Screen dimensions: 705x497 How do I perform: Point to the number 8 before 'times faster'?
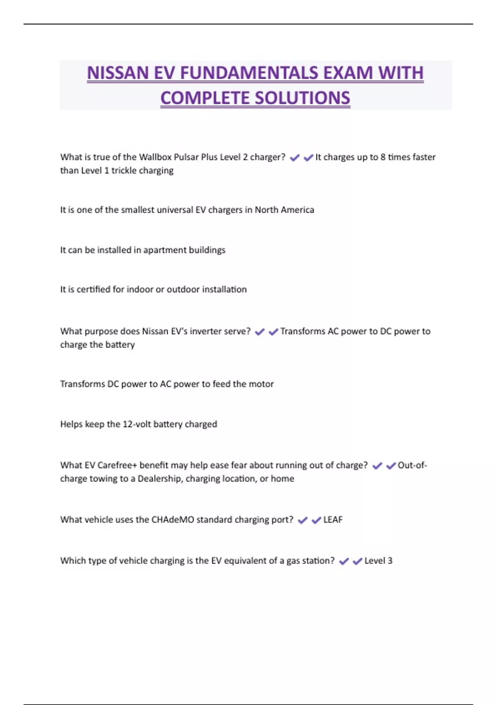pos(383,157)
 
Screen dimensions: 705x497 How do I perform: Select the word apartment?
pos(165,250)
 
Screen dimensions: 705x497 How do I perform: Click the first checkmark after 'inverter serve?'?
pos(260,332)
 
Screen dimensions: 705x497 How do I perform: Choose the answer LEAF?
pos(333,520)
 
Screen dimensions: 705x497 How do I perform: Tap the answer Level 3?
pos(378,561)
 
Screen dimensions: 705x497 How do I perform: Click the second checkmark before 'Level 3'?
pos(357,561)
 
